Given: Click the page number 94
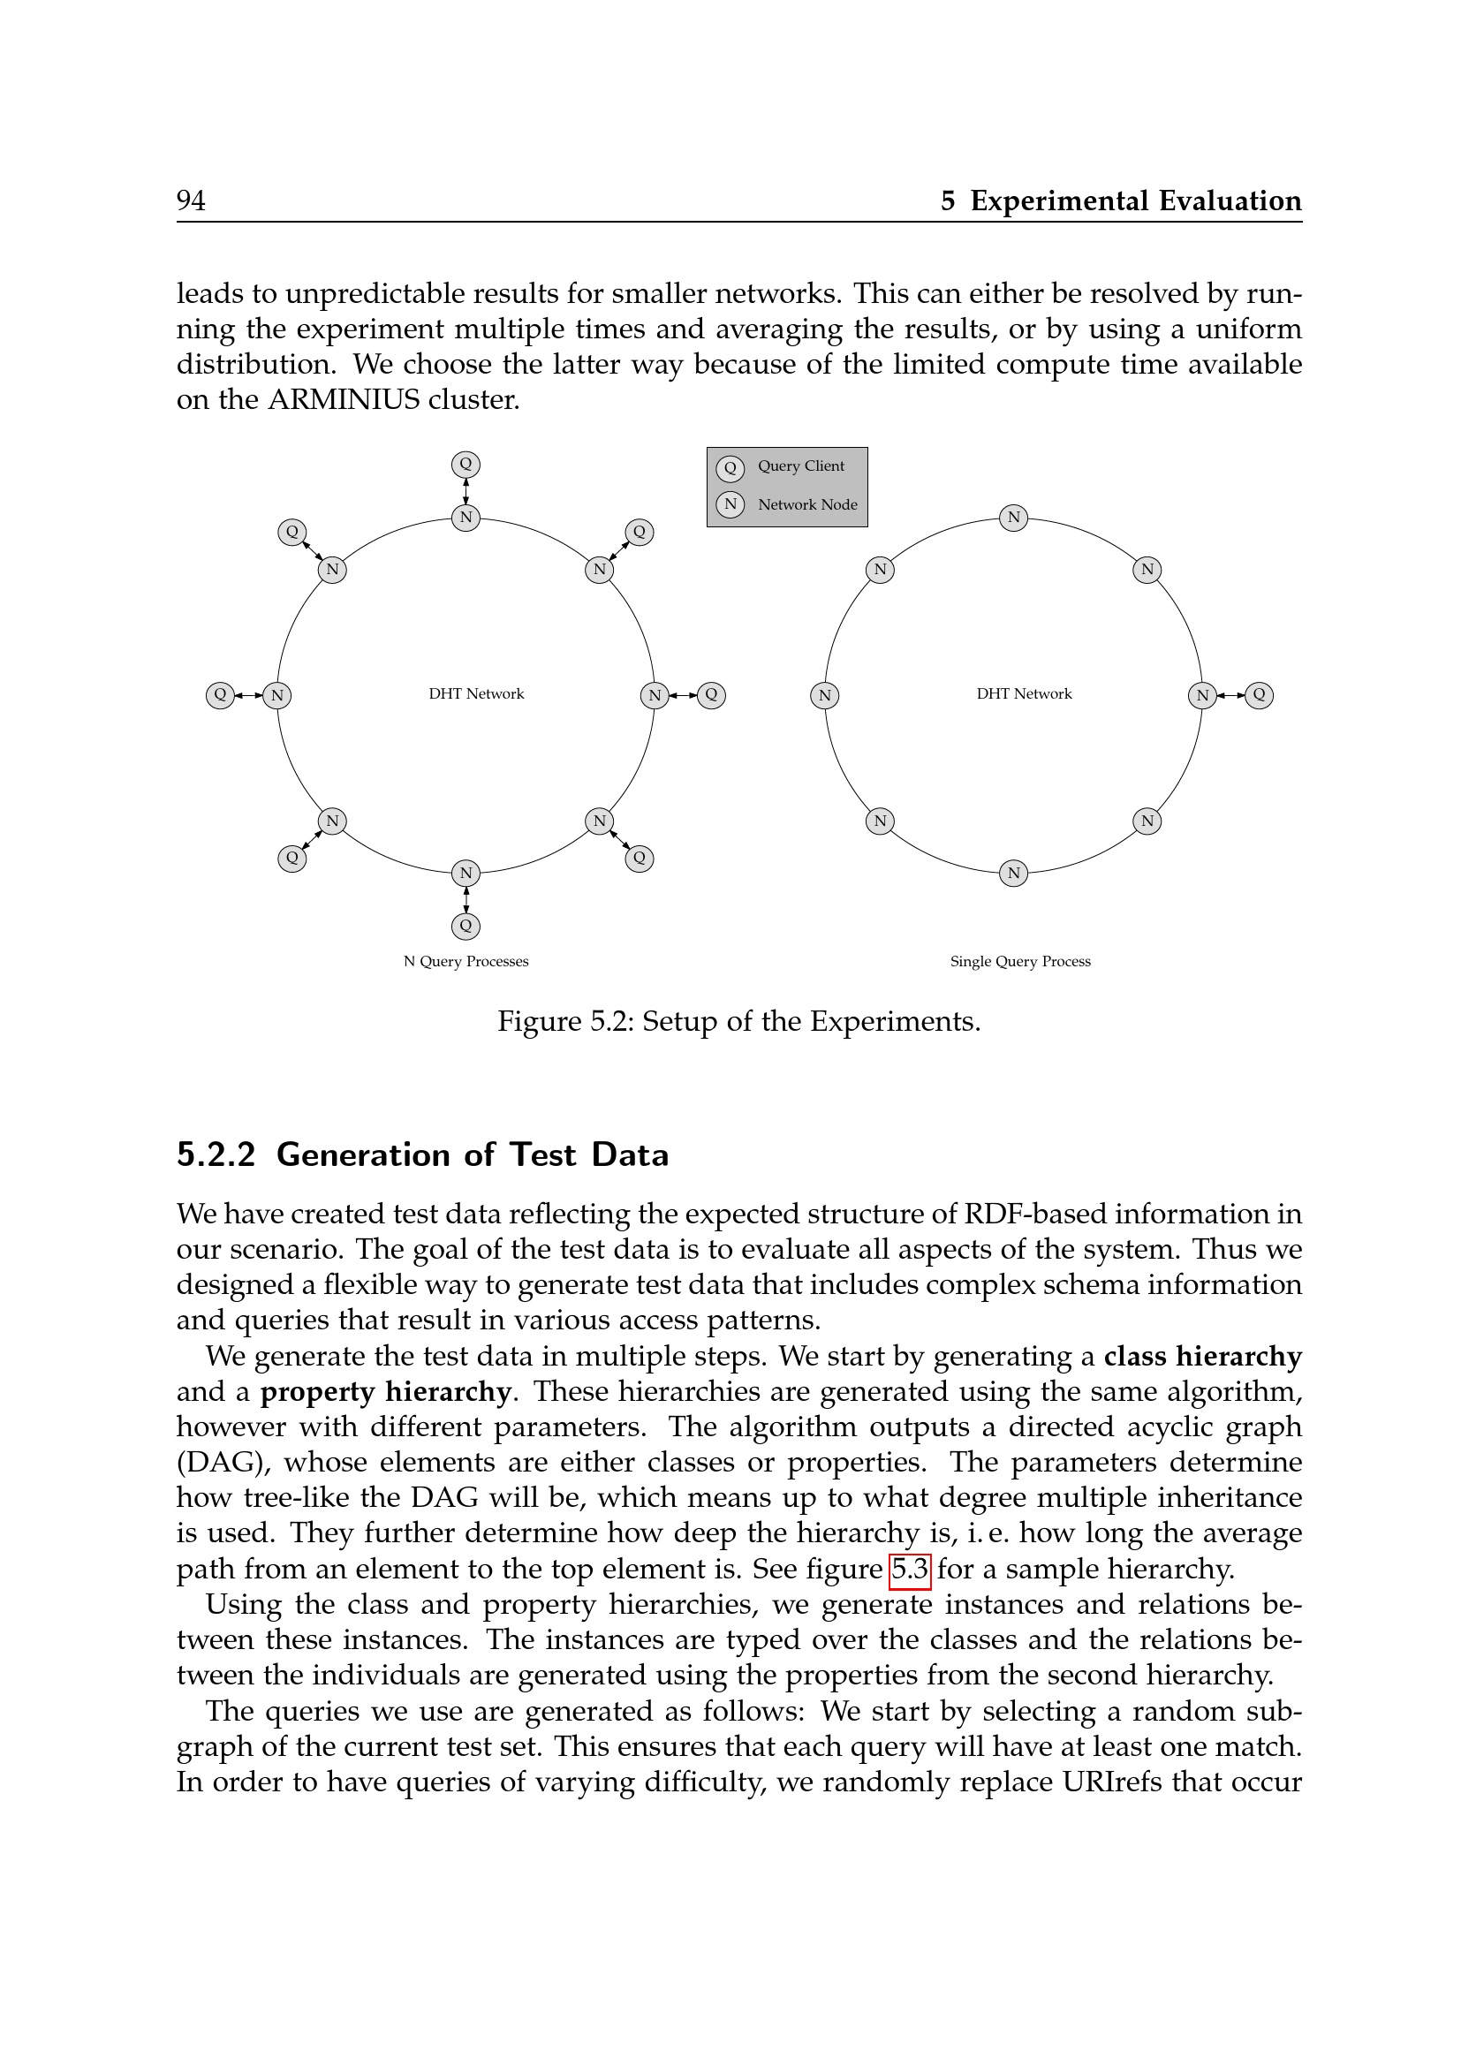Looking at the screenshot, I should pyautogui.click(x=191, y=200).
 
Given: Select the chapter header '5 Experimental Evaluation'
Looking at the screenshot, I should pyautogui.click(x=1120, y=200).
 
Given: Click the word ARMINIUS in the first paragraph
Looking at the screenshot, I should pyautogui.click(x=343, y=399).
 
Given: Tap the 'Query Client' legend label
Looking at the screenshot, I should pyautogui.click(x=800, y=466).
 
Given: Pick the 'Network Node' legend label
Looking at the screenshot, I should pyautogui.click(x=807, y=505).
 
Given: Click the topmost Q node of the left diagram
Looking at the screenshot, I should pyautogui.click(x=466, y=465).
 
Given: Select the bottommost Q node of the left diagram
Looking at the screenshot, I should pyautogui.click(x=466, y=925).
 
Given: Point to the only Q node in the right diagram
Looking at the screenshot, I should pyautogui.click(x=1259, y=694).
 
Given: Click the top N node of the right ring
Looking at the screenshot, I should pyautogui.click(x=1014, y=518).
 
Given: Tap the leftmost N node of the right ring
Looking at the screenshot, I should pyautogui.click(x=824, y=694).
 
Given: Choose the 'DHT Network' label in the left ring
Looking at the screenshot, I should pyautogui.click(x=476, y=693).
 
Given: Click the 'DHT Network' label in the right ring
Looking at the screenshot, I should pyautogui.click(x=1024, y=693).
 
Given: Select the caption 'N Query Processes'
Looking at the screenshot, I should pyautogui.click(x=466, y=961).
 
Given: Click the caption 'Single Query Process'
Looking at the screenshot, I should pyautogui.click(x=1020, y=961).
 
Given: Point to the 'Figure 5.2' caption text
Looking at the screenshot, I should pyautogui.click(x=738, y=1021).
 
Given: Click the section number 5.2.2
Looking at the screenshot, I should pyautogui.click(x=216, y=1154).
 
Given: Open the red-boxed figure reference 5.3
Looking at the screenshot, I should pyautogui.click(x=910, y=1570).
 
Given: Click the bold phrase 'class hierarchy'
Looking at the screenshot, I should pyautogui.click(x=1202, y=1356).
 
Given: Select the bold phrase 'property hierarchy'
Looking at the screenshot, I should pyautogui.click(x=385, y=1392).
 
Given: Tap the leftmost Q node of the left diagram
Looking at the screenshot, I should pyautogui.click(x=220, y=694).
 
